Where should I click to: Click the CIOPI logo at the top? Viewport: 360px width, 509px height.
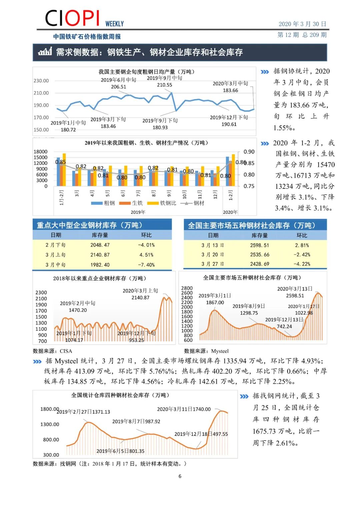(x=72, y=18)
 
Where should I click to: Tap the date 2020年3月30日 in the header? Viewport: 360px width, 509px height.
(x=302, y=24)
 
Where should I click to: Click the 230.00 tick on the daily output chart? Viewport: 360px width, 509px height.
(x=41, y=81)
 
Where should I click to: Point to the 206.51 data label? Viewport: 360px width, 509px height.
(x=119, y=87)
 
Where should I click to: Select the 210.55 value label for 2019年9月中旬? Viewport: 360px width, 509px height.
(x=165, y=85)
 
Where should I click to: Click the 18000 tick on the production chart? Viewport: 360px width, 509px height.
(x=40, y=152)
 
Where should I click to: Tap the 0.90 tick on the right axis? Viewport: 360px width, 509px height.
(x=249, y=152)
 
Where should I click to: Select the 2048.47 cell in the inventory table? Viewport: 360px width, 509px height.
(x=100, y=245)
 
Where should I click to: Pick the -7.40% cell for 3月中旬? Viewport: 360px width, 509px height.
(x=146, y=265)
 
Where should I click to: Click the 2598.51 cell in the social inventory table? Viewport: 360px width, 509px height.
(x=259, y=245)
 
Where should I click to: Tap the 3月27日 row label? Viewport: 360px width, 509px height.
(x=213, y=264)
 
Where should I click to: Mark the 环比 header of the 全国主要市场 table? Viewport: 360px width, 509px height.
(x=302, y=235)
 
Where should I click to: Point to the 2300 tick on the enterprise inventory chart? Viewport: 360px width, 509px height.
(x=41, y=293)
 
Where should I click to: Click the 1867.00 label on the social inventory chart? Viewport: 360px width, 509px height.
(x=215, y=303)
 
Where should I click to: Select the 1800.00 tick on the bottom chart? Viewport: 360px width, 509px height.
(x=49, y=409)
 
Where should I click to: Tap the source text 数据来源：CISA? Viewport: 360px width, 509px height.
(x=52, y=351)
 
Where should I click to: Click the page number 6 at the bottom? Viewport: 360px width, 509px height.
(x=180, y=476)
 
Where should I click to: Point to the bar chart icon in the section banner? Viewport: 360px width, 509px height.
(x=45, y=52)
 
